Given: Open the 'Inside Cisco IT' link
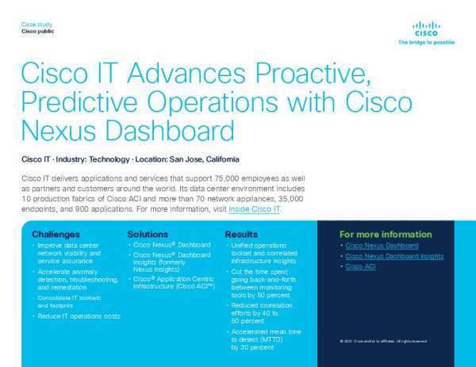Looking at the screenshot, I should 254,210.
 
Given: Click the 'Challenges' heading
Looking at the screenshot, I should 56,235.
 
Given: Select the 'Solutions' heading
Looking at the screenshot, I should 148,235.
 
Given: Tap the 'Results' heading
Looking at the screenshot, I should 241,235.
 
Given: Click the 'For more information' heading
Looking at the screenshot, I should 386,235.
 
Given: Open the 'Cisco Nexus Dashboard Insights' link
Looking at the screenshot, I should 392,256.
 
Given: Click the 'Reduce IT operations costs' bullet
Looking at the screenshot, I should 79,316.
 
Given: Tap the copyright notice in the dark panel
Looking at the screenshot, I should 383,341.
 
